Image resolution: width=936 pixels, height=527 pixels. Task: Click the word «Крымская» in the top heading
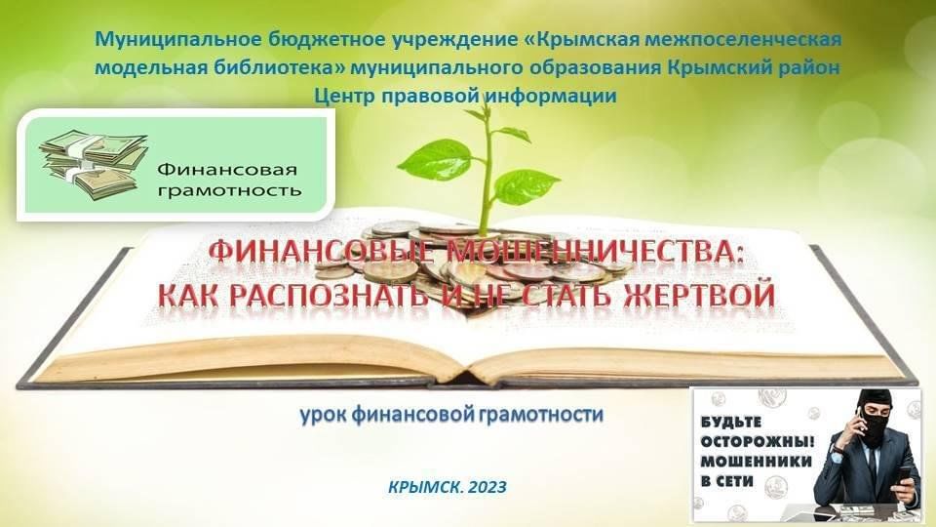click(x=592, y=40)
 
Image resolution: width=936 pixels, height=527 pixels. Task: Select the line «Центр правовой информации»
click(x=465, y=96)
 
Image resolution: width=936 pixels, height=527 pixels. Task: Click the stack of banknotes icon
click(x=94, y=164)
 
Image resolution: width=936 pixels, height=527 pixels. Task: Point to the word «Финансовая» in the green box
click(x=227, y=170)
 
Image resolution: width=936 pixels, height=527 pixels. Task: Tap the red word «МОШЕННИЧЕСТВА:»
click(x=597, y=252)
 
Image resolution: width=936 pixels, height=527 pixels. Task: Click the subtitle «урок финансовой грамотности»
click(x=451, y=415)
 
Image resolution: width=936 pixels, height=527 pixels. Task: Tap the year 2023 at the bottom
click(x=487, y=487)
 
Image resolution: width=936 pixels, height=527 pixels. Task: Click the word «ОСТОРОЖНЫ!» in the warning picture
click(x=758, y=442)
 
